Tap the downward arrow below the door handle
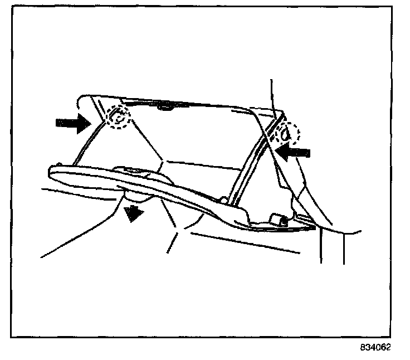point(132,213)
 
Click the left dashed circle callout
point(118,117)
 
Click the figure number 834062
point(375,347)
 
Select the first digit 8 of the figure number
point(362,347)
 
